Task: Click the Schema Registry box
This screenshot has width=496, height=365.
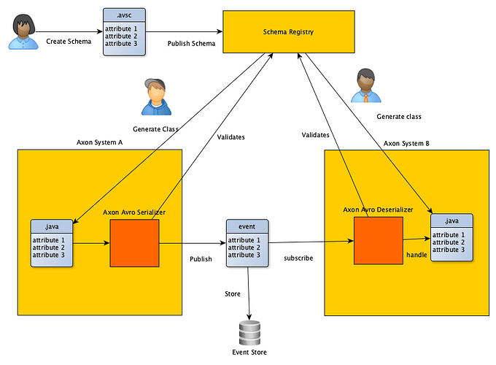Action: [289, 31]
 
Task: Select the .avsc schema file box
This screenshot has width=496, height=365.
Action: [124, 32]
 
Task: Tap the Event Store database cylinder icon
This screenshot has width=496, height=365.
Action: [249, 333]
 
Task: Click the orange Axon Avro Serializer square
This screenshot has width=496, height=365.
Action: [134, 243]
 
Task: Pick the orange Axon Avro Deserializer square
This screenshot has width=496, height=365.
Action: [379, 241]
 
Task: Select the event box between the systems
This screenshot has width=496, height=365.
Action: [247, 243]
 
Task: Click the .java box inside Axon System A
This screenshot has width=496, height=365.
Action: [52, 243]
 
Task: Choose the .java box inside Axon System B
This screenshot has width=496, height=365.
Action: [452, 237]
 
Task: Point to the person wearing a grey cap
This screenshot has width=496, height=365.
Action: [156, 97]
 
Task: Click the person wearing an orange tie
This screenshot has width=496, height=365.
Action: [366, 85]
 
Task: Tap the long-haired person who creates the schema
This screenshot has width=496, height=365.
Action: [23, 31]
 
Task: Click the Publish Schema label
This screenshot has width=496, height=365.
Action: [191, 43]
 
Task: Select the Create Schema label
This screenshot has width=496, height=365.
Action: [69, 42]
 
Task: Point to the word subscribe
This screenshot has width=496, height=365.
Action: [298, 258]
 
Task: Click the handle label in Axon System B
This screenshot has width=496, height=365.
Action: [416, 255]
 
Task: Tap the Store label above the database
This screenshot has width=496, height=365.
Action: [233, 293]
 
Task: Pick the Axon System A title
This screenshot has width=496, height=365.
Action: [99, 142]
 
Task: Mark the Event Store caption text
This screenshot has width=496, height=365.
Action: [249, 353]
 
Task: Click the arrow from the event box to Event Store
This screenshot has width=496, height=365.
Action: [249, 293]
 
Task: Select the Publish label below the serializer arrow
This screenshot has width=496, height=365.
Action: [201, 259]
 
